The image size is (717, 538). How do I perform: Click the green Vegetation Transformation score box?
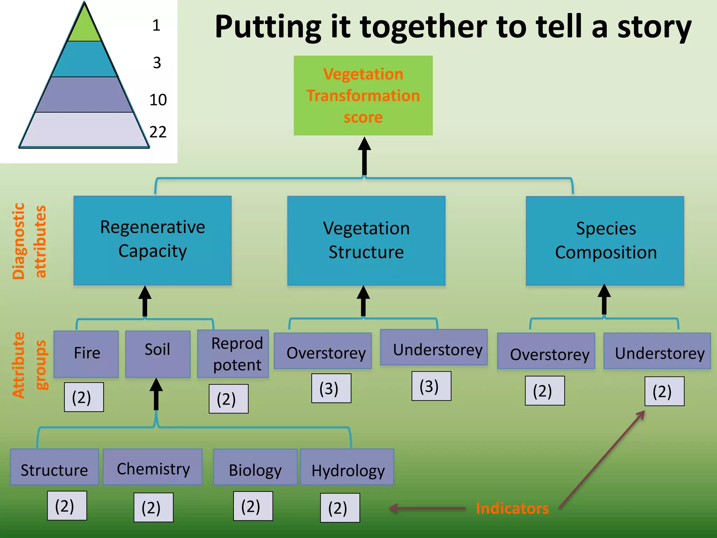(x=363, y=96)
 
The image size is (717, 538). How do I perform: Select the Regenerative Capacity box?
(x=152, y=240)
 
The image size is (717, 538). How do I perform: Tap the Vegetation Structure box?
(x=366, y=241)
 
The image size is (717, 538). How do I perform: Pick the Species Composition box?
(x=605, y=241)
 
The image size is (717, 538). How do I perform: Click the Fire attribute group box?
(x=86, y=353)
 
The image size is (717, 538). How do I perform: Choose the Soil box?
(x=158, y=353)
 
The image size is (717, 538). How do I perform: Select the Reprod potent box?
(x=233, y=354)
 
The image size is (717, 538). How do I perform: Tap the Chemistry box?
(x=153, y=467)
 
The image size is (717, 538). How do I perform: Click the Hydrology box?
(x=347, y=467)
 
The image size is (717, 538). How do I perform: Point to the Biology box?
(x=255, y=467)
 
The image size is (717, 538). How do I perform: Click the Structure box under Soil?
(x=54, y=467)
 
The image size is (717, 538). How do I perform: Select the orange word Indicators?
(x=512, y=508)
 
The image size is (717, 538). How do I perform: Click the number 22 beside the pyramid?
(x=158, y=132)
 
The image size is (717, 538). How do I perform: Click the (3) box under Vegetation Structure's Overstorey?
(x=331, y=388)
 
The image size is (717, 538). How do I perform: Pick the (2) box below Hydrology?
(x=340, y=508)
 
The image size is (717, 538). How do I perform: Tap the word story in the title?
(x=654, y=28)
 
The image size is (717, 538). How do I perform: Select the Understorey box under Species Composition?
(x=657, y=351)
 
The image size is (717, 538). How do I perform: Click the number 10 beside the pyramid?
(x=158, y=100)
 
